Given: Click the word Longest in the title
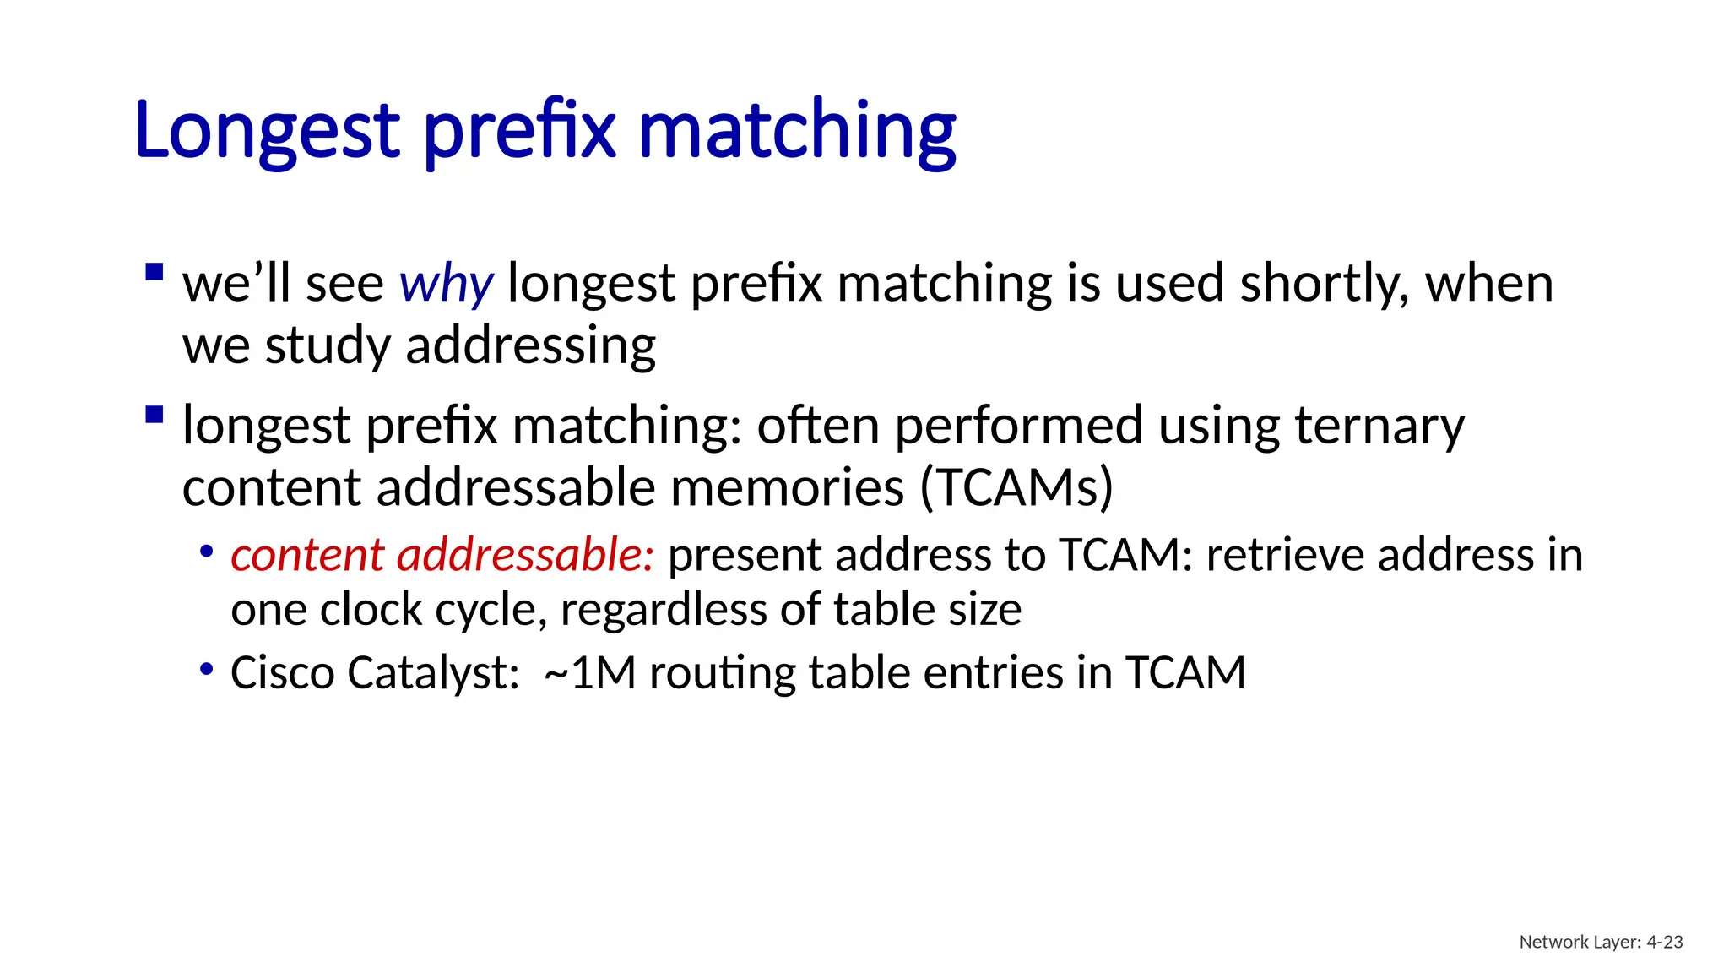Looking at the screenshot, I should click(267, 131).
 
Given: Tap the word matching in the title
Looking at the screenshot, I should click(797, 131).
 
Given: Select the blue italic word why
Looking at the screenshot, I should click(446, 285).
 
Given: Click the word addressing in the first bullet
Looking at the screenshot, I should click(530, 346).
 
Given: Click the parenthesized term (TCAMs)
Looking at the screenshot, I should click(1016, 488).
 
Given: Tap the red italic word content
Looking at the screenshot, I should click(307, 556).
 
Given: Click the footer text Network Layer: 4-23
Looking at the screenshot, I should click(1601, 942).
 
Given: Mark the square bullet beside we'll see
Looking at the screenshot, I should click(154, 272).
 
